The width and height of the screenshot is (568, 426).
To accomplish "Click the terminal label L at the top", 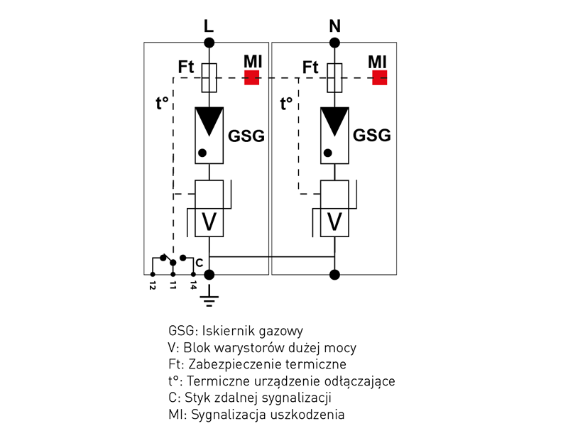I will pyautogui.click(x=208, y=26).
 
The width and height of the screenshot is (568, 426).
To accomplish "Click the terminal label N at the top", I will pyautogui.click(x=335, y=26).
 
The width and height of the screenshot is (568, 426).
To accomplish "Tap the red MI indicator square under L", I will pyautogui.click(x=252, y=77).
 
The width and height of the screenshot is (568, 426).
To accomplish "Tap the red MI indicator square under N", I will pyautogui.click(x=379, y=77).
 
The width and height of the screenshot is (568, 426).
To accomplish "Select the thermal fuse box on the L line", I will pyautogui.click(x=209, y=77).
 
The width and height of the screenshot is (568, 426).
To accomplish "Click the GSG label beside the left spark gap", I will pyautogui.click(x=246, y=136).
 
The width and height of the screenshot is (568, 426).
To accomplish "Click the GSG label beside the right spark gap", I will pyautogui.click(x=372, y=136).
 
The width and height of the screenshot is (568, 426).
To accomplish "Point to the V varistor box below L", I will pyautogui.click(x=209, y=222).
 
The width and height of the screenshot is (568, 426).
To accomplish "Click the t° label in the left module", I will pyautogui.click(x=163, y=102).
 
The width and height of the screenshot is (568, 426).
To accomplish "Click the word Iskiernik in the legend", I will pyautogui.click(x=227, y=331).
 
